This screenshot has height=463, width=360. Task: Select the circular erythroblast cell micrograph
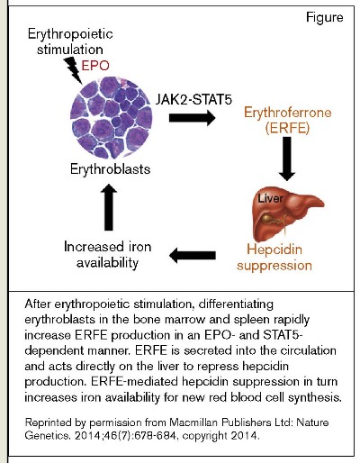107,117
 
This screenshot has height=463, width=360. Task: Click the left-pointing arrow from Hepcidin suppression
198,258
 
